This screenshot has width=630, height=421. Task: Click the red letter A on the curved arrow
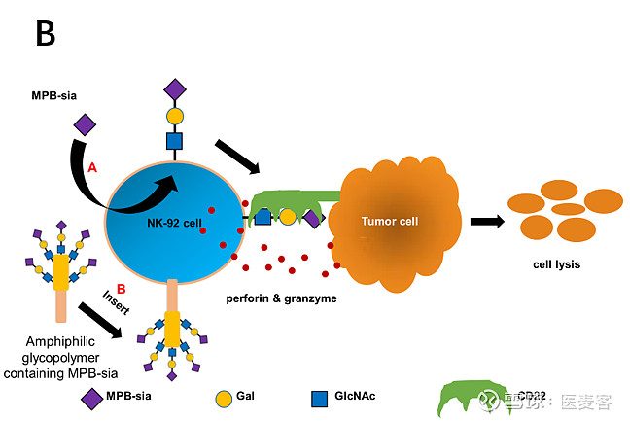93,167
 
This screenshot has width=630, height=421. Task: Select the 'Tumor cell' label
389,221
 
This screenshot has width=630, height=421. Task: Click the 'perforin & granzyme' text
282,298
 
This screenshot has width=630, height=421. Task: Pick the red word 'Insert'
117,298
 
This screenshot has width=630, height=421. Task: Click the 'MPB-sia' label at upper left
55,96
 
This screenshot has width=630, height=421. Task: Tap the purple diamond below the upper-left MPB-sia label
85,123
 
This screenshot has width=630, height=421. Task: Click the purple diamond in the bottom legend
91,396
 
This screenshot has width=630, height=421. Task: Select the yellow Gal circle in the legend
223,397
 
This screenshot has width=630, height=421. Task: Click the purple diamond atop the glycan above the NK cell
174,89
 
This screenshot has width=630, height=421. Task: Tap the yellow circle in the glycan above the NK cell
174,116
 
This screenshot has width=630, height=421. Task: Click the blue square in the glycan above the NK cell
174,141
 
